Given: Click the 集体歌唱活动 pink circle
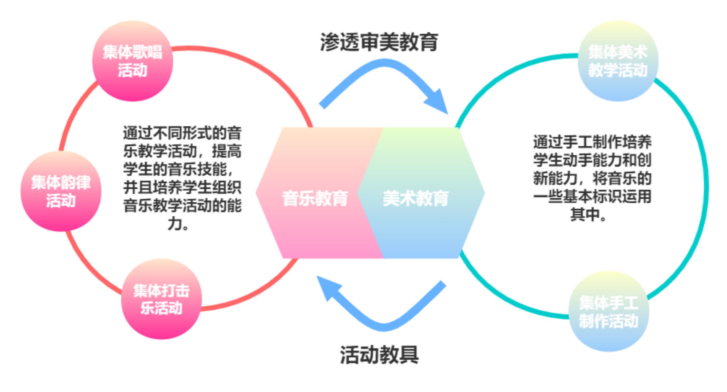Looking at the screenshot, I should pyautogui.click(x=133, y=61).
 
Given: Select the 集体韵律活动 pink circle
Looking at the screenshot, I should pyautogui.click(x=61, y=191).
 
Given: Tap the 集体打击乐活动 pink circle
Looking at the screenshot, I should pyautogui.click(x=161, y=299).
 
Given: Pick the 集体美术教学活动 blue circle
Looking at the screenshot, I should pyautogui.click(x=618, y=61).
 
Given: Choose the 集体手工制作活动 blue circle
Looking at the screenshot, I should pyautogui.click(x=609, y=311).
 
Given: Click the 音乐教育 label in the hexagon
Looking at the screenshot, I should pyautogui.click(x=315, y=198).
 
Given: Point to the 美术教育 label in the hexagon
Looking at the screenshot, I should pyautogui.click(x=416, y=198).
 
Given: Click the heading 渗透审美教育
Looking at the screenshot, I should pyautogui.click(x=379, y=42).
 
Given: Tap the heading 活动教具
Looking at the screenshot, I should pyautogui.click(x=379, y=355).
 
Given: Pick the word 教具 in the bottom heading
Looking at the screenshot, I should pyautogui.click(x=399, y=355).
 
